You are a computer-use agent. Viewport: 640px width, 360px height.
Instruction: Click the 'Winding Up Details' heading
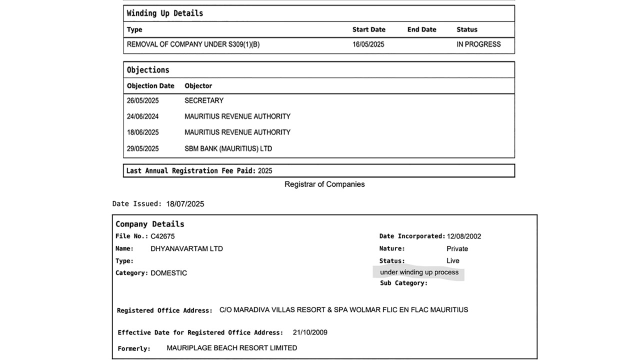(x=165, y=13)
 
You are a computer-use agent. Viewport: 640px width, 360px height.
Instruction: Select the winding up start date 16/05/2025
(x=368, y=44)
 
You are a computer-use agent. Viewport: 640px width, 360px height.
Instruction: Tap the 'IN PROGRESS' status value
(x=478, y=44)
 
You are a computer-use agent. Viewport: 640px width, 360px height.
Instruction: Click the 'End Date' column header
(x=421, y=29)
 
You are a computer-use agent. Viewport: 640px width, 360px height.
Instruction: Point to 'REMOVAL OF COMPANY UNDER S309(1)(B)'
(x=193, y=44)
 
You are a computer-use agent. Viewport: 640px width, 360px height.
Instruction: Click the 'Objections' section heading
(x=148, y=70)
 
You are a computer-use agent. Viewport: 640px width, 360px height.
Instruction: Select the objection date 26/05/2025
(x=142, y=100)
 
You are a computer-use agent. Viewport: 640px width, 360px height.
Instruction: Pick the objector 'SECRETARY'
(x=204, y=100)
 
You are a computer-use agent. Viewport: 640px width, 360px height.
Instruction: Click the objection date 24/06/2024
(x=142, y=116)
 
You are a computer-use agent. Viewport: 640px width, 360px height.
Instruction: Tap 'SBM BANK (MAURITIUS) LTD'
(x=228, y=148)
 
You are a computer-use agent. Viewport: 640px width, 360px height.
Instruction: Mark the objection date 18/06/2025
(x=142, y=132)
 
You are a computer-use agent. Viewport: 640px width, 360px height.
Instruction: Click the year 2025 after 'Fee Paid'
(x=265, y=171)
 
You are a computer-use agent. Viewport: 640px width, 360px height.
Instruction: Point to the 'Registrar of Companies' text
(x=324, y=184)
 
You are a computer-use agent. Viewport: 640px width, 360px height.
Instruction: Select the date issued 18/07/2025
(x=185, y=204)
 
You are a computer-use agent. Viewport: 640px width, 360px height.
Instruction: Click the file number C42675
(x=162, y=236)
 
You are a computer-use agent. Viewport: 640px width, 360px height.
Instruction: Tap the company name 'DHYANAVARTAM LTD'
(x=186, y=248)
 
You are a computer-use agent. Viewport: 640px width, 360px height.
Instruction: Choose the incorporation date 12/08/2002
(x=464, y=236)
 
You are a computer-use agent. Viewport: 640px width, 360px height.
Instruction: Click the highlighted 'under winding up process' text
(x=419, y=272)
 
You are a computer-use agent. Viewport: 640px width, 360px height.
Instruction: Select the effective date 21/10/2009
(x=310, y=332)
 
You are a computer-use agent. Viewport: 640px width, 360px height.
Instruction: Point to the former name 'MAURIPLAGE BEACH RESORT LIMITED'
(x=231, y=348)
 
